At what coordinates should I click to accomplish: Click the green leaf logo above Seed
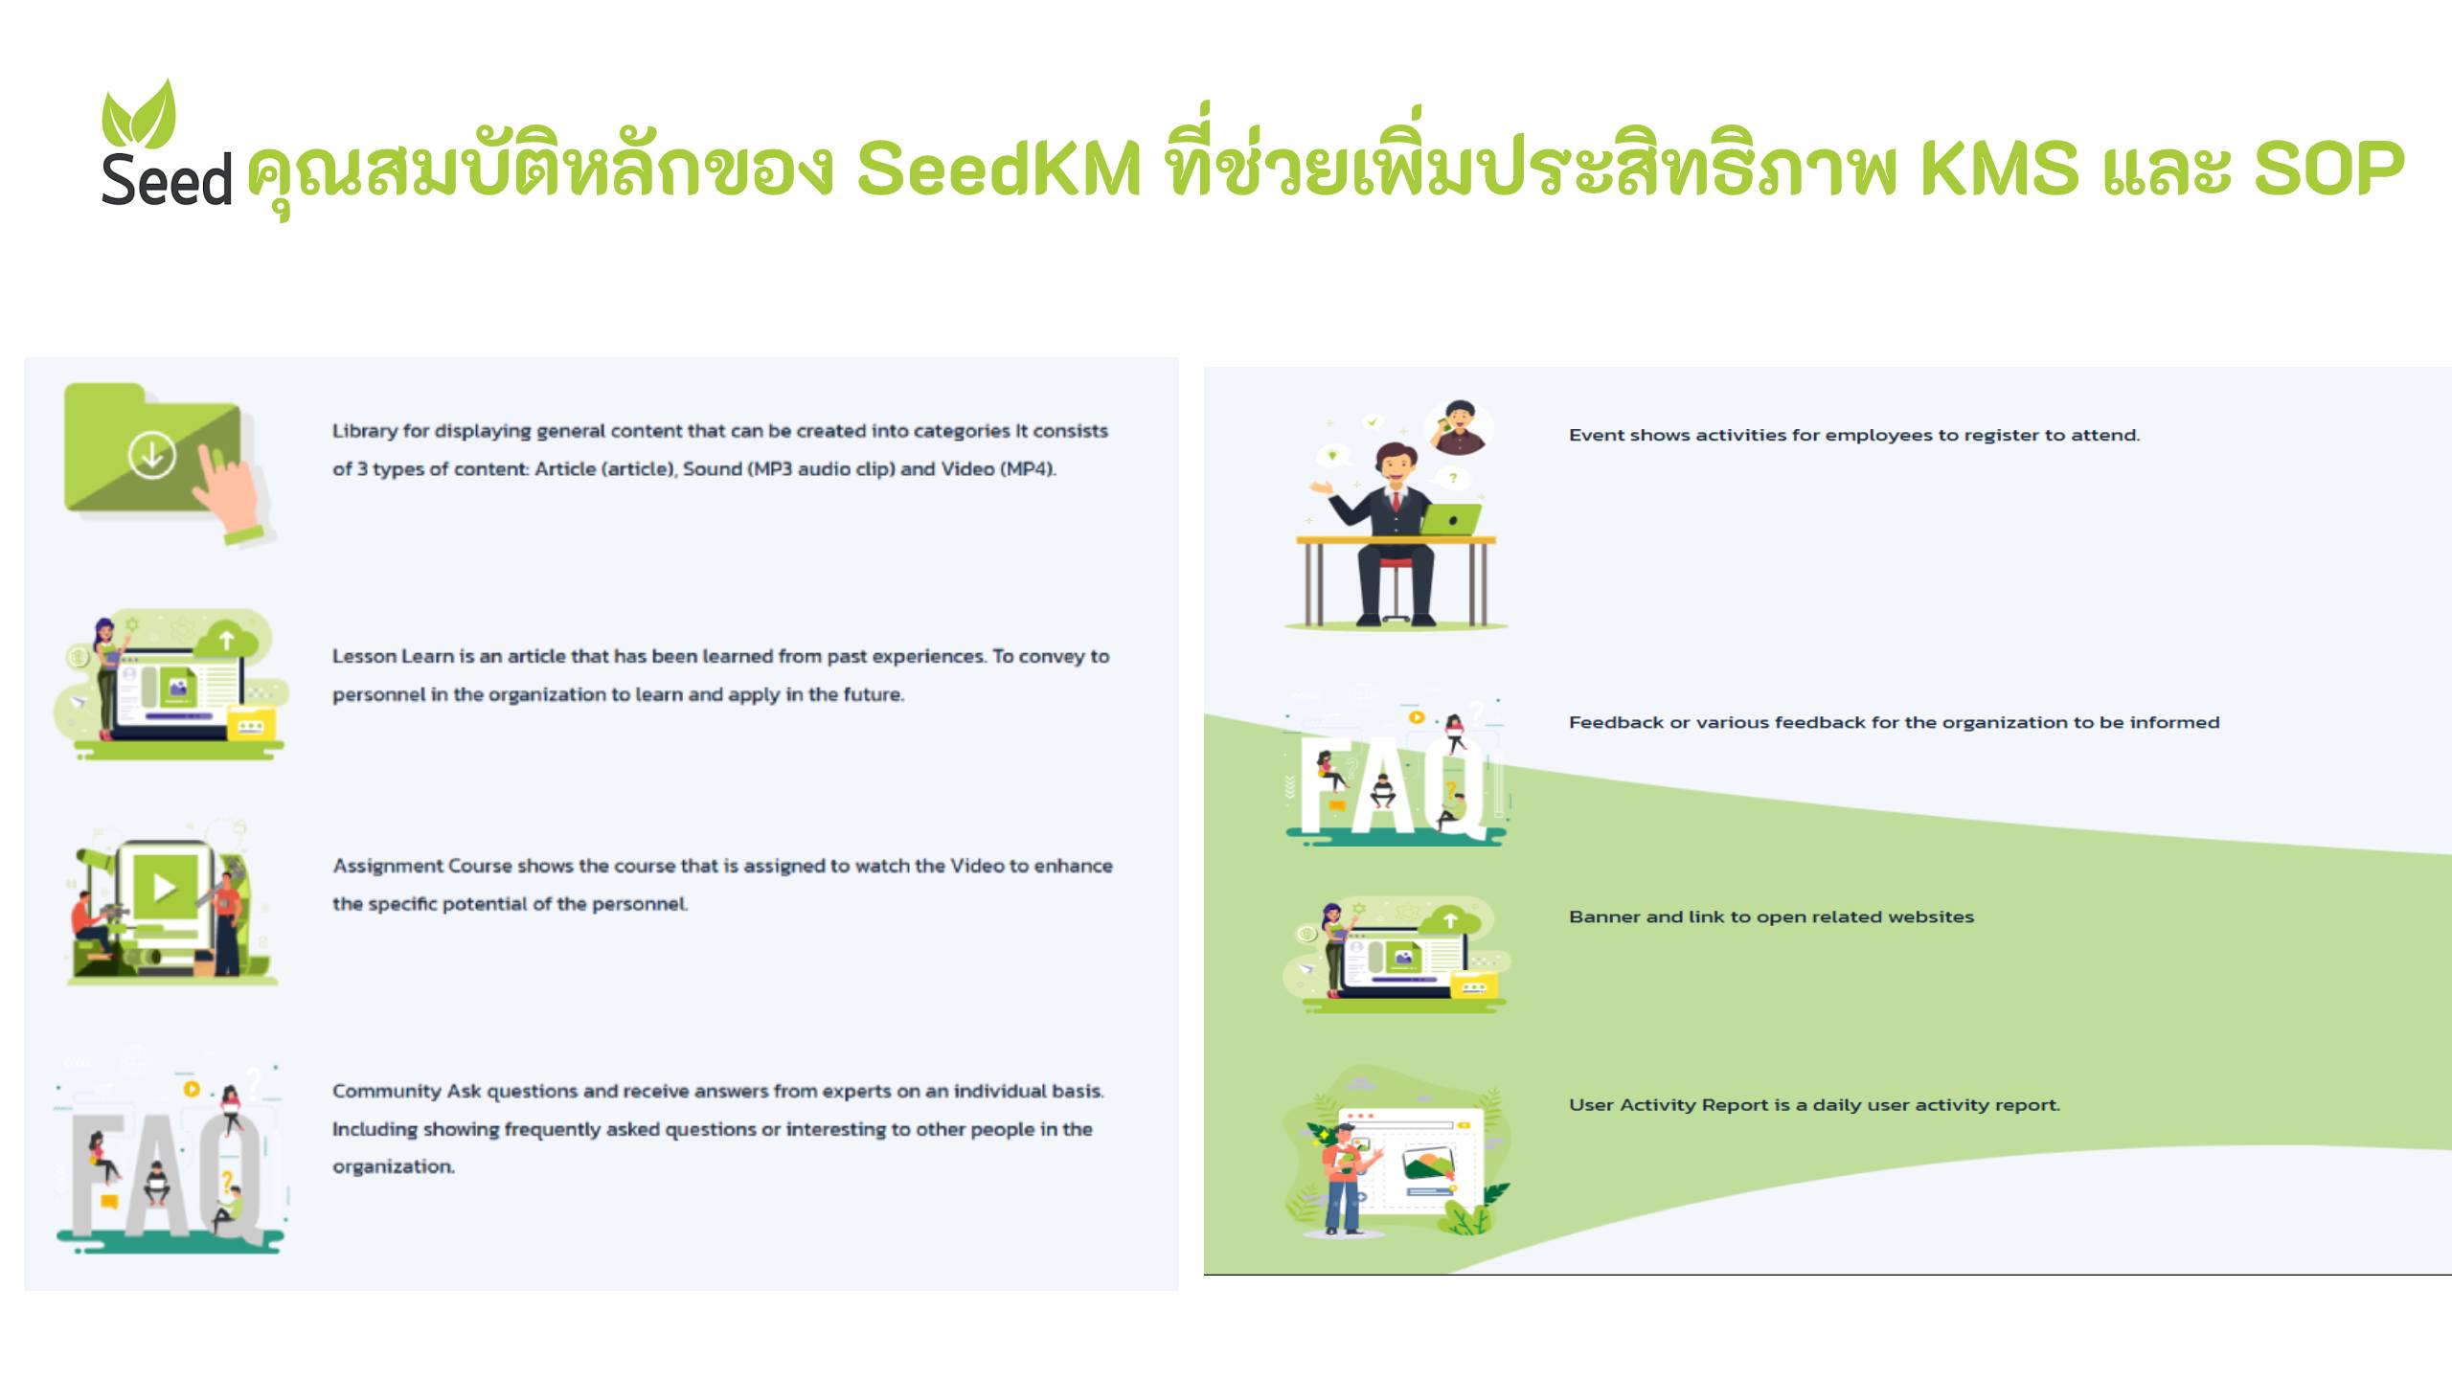pos(140,115)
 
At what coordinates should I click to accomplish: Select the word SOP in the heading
pos(2328,169)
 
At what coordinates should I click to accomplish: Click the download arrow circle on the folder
pos(151,454)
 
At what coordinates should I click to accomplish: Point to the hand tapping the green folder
pos(230,488)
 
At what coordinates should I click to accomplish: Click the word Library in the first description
pos(364,431)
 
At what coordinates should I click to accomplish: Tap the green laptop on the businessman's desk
pos(1450,519)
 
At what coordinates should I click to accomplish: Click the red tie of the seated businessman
pos(1397,502)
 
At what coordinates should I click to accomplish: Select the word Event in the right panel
pos(1596,435)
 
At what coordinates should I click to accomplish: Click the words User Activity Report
pos(1668,1105)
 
